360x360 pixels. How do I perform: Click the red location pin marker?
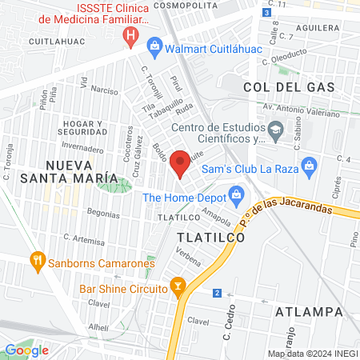(180, 163)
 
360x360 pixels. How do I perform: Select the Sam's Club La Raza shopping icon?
(311, 168)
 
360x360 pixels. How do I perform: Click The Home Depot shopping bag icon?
(236, 194)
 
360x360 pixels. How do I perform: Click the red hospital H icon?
(130, 35)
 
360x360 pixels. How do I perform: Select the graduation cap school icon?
(276, 130)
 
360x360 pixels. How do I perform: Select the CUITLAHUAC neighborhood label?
(58, 39)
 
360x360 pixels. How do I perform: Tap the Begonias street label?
(102, 214)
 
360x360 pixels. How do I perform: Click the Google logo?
(26, 350)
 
